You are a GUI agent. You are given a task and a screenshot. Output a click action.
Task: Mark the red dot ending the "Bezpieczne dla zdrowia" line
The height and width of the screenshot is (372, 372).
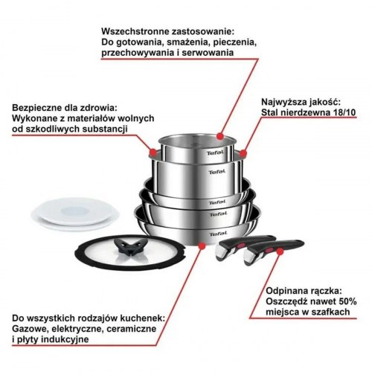point(153,151)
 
